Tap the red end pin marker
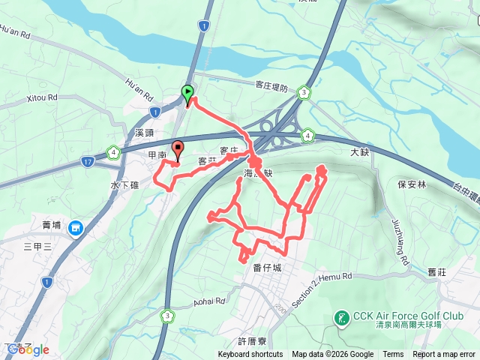coord(178,148)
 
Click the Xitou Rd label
coord(42,97)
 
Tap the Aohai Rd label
coord(209,301)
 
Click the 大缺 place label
coord(360,152)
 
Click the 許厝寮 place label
coord(252,340)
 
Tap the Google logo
coord(27,349)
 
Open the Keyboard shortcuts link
coord(250,355)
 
